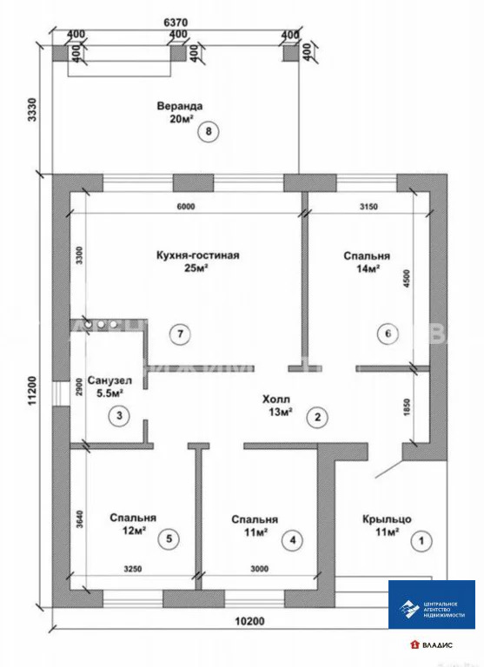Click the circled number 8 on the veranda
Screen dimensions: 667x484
[209, 131]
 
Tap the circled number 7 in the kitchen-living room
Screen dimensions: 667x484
[180, 333]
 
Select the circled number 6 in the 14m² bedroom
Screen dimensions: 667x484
[388, 333]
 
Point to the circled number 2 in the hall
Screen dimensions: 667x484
[318, 418]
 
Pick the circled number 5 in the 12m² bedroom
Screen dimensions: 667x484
[169, 539]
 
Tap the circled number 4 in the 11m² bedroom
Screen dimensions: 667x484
[293, 540]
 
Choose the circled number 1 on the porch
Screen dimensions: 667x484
[423, 540]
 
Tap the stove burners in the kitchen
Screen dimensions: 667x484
[101, 325]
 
